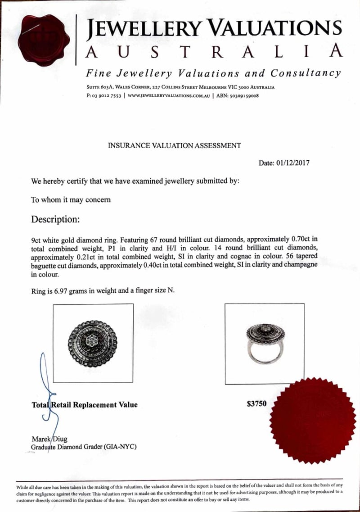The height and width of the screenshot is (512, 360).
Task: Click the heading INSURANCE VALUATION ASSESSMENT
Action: point(174,145)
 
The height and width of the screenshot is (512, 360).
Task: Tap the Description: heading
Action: point(55,220)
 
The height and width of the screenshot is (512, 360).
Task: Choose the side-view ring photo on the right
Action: point(264,344)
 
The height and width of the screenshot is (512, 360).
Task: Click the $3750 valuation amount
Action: point(256,404)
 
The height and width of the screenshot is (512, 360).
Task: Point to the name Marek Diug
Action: point(49,439)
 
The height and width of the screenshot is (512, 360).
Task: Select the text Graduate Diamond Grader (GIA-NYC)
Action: point(83,447)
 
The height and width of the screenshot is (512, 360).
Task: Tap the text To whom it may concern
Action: point(70,200)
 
